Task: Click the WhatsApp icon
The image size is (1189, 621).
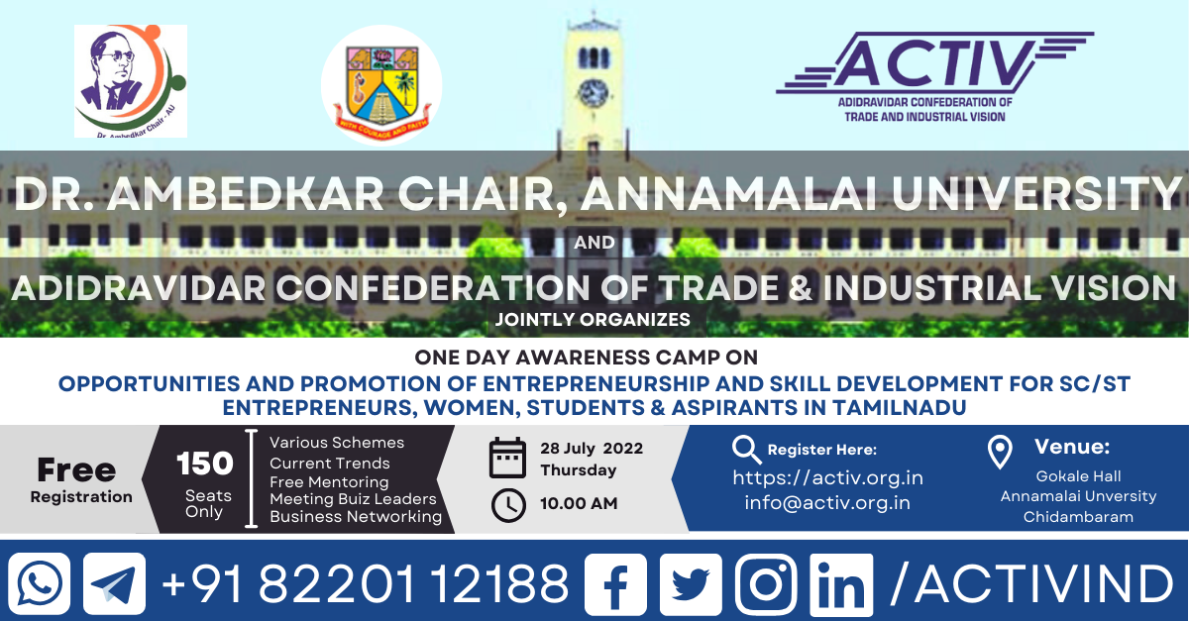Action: (x=39, y=583)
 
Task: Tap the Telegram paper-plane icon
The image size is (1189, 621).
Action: (x=114, y=583)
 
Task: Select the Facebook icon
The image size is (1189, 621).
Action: (x=615, y=583)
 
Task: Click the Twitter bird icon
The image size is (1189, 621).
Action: (x=691, y=583)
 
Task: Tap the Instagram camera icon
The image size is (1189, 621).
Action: (x=766, y=583)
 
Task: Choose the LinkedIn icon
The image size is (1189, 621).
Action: (x=841, y=585)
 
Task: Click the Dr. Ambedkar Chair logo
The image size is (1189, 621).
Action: (x=131, y=81)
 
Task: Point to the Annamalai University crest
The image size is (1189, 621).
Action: (x=381, y=85)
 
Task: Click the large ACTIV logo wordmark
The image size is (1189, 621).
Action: (x=935, y=63)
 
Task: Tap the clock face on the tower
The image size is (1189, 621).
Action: (x=594, y=93)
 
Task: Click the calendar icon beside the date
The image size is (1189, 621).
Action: (x=507, y=458)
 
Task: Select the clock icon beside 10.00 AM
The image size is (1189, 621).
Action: (x=508, y=505)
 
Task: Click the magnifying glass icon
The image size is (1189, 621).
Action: (x=746, y=449)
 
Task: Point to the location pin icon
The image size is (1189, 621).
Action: (x=1000, y=452)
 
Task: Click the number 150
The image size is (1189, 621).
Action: (x=204, y=464)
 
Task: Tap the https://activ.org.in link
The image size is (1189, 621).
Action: (x=827, y=478)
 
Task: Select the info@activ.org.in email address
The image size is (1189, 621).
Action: (x=827, y=502)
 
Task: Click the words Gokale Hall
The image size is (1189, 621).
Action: (x=1078, y=476)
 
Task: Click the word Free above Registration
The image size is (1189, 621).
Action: (x=76, y=469)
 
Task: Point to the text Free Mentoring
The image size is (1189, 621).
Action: (x=329, y=482)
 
